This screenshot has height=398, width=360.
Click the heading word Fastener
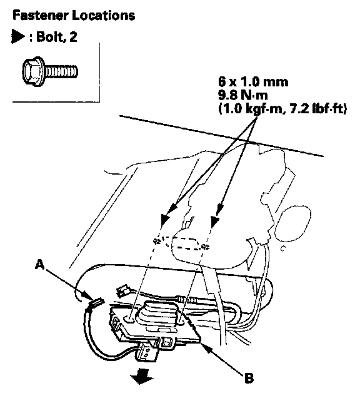[41, 15]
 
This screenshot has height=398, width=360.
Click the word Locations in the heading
[103, 15]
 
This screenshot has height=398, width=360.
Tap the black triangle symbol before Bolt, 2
[17, 37]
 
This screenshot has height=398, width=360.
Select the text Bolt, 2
[56, 37]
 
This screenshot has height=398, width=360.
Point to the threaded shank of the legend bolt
[61, 71]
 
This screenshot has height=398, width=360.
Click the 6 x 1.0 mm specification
[253, 82]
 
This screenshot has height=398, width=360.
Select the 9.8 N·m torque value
[243, 95]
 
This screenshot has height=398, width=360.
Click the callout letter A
[39, 265]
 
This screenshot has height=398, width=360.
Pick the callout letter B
[249, 378]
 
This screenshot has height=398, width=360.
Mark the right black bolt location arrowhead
[215, 222]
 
